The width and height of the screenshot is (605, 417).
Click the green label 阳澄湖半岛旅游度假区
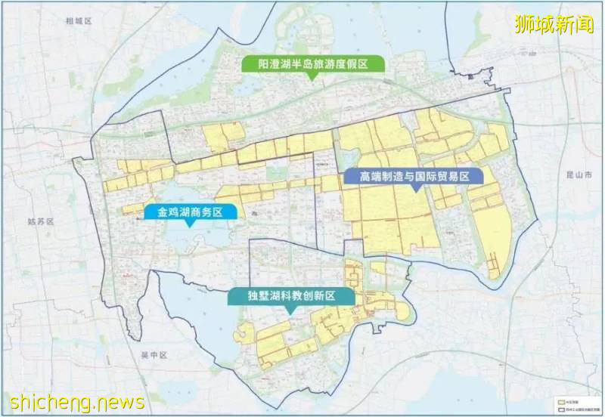click(x=312, y=64)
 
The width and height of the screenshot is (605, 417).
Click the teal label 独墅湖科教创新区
click(x=291, y=295)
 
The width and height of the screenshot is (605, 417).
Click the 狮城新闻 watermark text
click(x=554, y=24)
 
